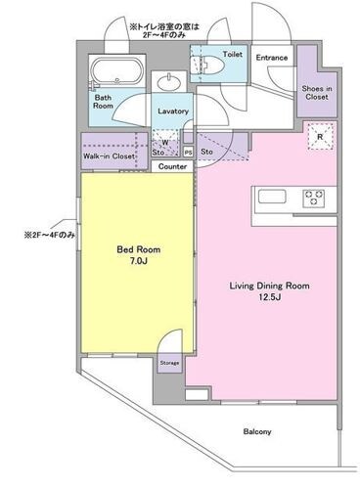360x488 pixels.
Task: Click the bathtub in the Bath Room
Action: click(x=116, y=71)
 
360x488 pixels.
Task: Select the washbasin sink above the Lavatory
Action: click(x=169, y=81)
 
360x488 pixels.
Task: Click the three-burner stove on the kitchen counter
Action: click(x=314, y=198)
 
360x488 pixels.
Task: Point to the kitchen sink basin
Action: click(x=272, y=197)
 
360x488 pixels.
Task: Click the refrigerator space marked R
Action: click(x=320, y=137)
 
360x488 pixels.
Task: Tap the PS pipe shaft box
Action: click(x=189, y=153)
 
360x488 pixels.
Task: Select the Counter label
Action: click(x=172, y=166)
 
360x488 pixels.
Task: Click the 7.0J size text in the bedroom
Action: click(x=139, y=261)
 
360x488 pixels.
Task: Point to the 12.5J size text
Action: click(x=270, y=297)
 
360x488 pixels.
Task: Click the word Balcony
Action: click(x=257, y=431)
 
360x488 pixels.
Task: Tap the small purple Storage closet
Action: click(x=169, y=363)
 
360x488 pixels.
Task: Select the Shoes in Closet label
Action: click(x=317, y=93)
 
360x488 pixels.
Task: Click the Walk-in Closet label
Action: click(x=109, y=156)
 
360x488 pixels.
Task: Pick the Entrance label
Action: click(x=272, y=58)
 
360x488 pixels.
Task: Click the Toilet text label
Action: click(x=233, y=54)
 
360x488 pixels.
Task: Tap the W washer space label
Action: click(x=165, y=143)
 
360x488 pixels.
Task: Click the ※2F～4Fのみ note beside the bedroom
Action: click(x=49, y=235)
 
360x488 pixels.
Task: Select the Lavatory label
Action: click(x=173, y=111)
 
